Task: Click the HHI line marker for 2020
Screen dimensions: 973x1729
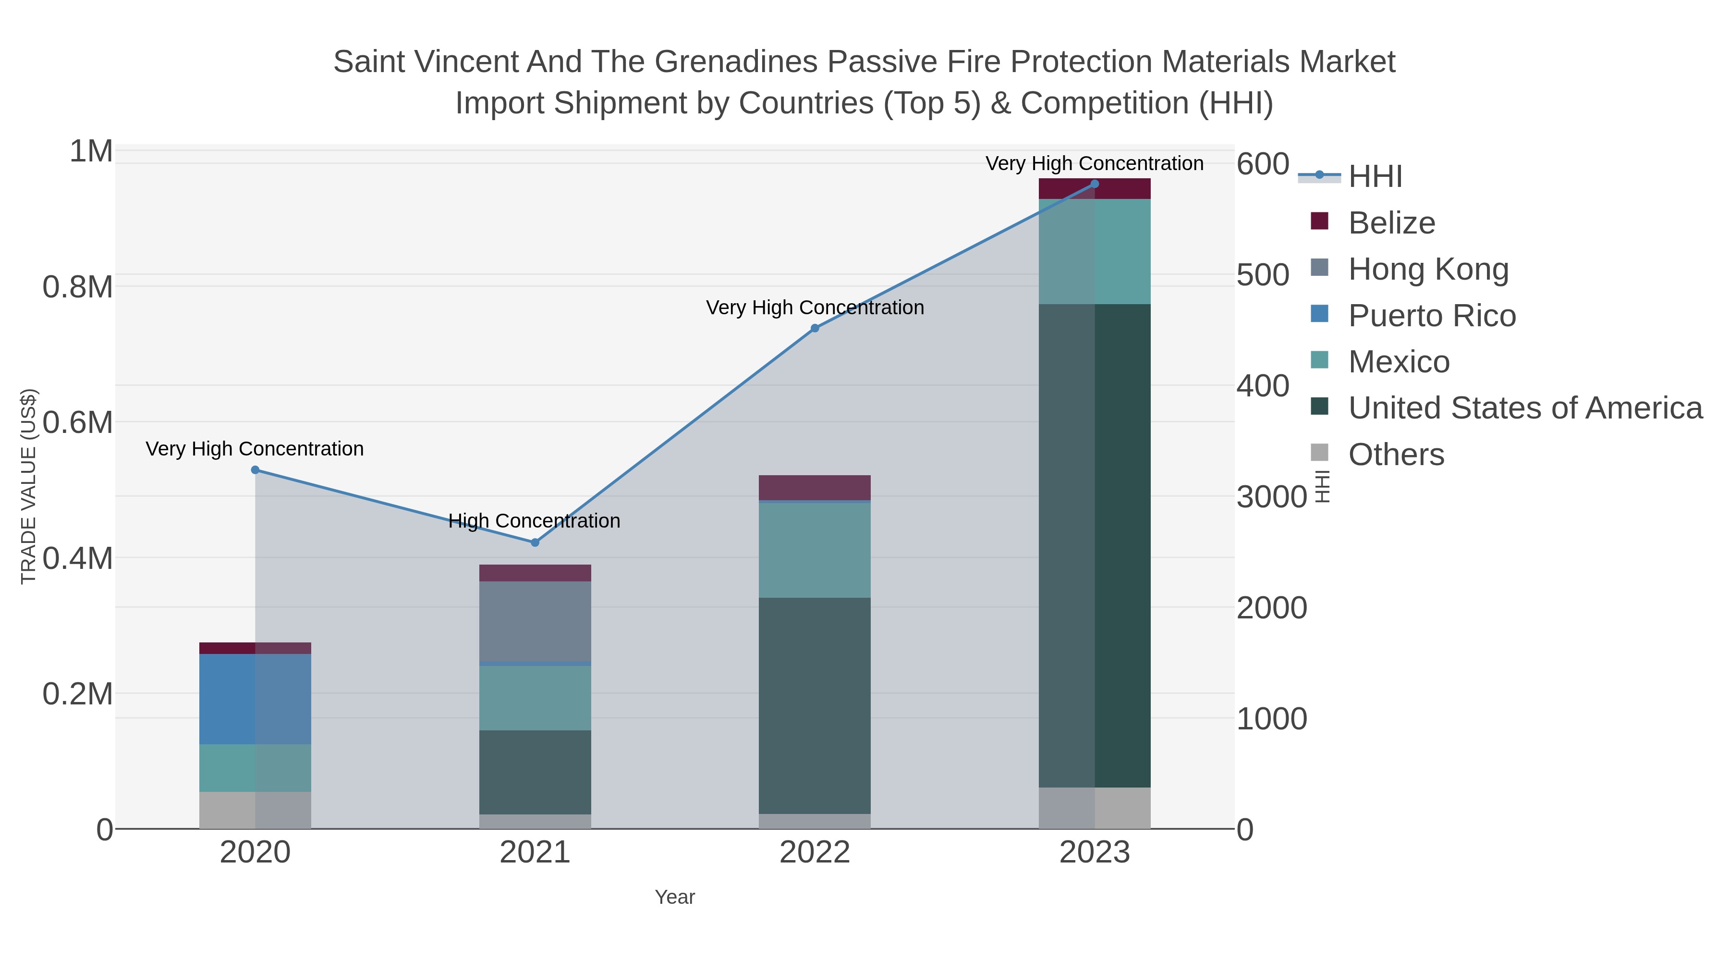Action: click(255, 470)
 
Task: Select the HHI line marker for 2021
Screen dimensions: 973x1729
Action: click(535, 542)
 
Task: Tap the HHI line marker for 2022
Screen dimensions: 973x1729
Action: click(815, 328)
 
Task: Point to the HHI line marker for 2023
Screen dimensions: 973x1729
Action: click(1095, 184)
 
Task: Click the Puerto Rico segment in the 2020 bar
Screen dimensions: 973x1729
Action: click(255, 699)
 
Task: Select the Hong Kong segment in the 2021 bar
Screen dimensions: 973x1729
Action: click(535, 621)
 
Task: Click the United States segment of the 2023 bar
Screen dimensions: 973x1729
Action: click(1095, 545)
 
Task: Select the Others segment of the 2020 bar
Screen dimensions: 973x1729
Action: click(255, 810)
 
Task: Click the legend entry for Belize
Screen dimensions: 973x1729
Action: click(1391, 223)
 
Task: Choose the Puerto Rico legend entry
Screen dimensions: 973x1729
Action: click(1432, 316)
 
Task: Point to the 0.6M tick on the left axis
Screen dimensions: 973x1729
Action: click(78, 423)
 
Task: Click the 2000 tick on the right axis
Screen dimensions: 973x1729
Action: click(1271, 608)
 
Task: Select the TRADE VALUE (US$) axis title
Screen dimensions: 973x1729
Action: click(28, 486)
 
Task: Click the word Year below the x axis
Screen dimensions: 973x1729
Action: click(675, 897)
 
